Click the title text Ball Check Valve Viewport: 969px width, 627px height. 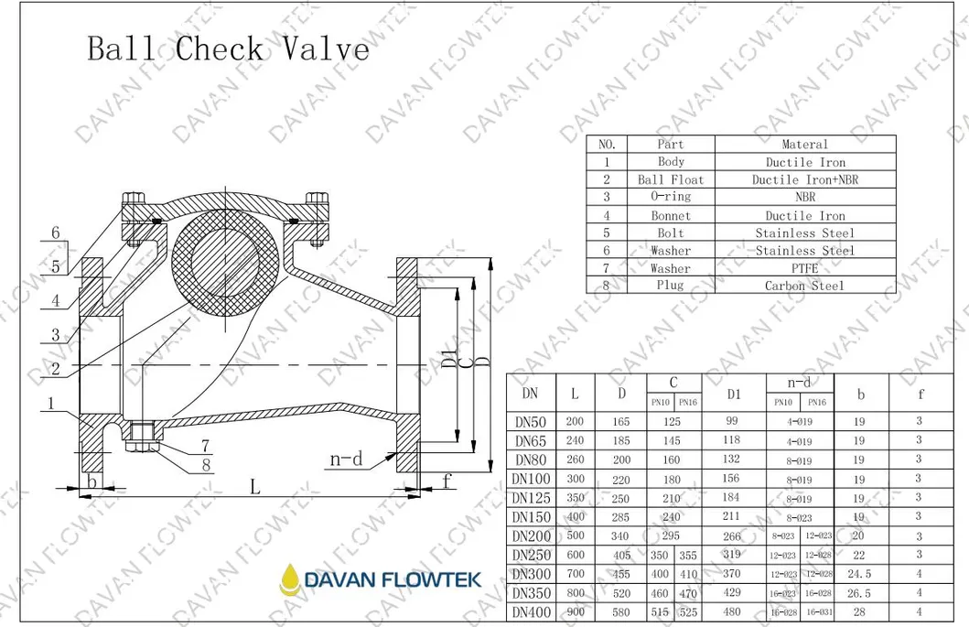229,48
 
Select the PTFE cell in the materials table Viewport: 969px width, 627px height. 804,268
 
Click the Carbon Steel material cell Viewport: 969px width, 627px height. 804,286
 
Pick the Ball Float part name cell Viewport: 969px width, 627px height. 671,179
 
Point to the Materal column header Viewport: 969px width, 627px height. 804,145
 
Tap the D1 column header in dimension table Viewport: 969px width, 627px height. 732,395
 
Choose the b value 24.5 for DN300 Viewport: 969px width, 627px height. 858,574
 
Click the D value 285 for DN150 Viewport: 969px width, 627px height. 621,517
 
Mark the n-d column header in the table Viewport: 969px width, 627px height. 800,383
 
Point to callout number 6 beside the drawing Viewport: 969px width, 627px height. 56,233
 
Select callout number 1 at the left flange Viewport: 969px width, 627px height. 53,403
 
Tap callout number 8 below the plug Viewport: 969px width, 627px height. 207,465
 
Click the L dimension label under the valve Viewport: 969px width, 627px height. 255,487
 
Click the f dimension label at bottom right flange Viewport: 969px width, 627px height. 447,479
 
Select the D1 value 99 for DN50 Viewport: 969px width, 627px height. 732,421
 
